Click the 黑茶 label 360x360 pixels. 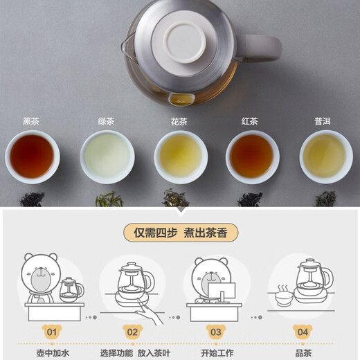tap(31, 121)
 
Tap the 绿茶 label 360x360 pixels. tap(106, 121)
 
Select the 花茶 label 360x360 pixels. tap(179, 121)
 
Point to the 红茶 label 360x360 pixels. tap(250, 121)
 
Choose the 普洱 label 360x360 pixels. tap(323, 121)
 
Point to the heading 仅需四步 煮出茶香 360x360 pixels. tap(181, 232)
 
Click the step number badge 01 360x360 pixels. tap(51, 332)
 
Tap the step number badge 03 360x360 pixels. tap(215, 332)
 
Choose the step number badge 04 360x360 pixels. tap(302, 332)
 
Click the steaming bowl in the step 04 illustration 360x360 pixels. tap(285, 296)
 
